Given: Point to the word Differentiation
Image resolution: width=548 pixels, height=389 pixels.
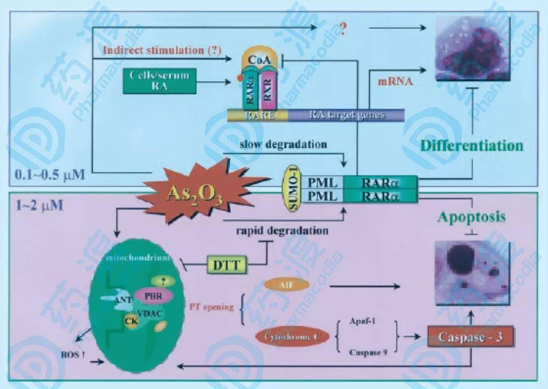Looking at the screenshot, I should pyautogui.click(x=472, y=146).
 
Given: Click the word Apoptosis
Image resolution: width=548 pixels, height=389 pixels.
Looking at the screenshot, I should pyautogui.click(x=472, y=217).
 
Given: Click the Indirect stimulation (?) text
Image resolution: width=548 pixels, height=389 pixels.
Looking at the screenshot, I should pyautogui.click(x=159, y=50).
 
